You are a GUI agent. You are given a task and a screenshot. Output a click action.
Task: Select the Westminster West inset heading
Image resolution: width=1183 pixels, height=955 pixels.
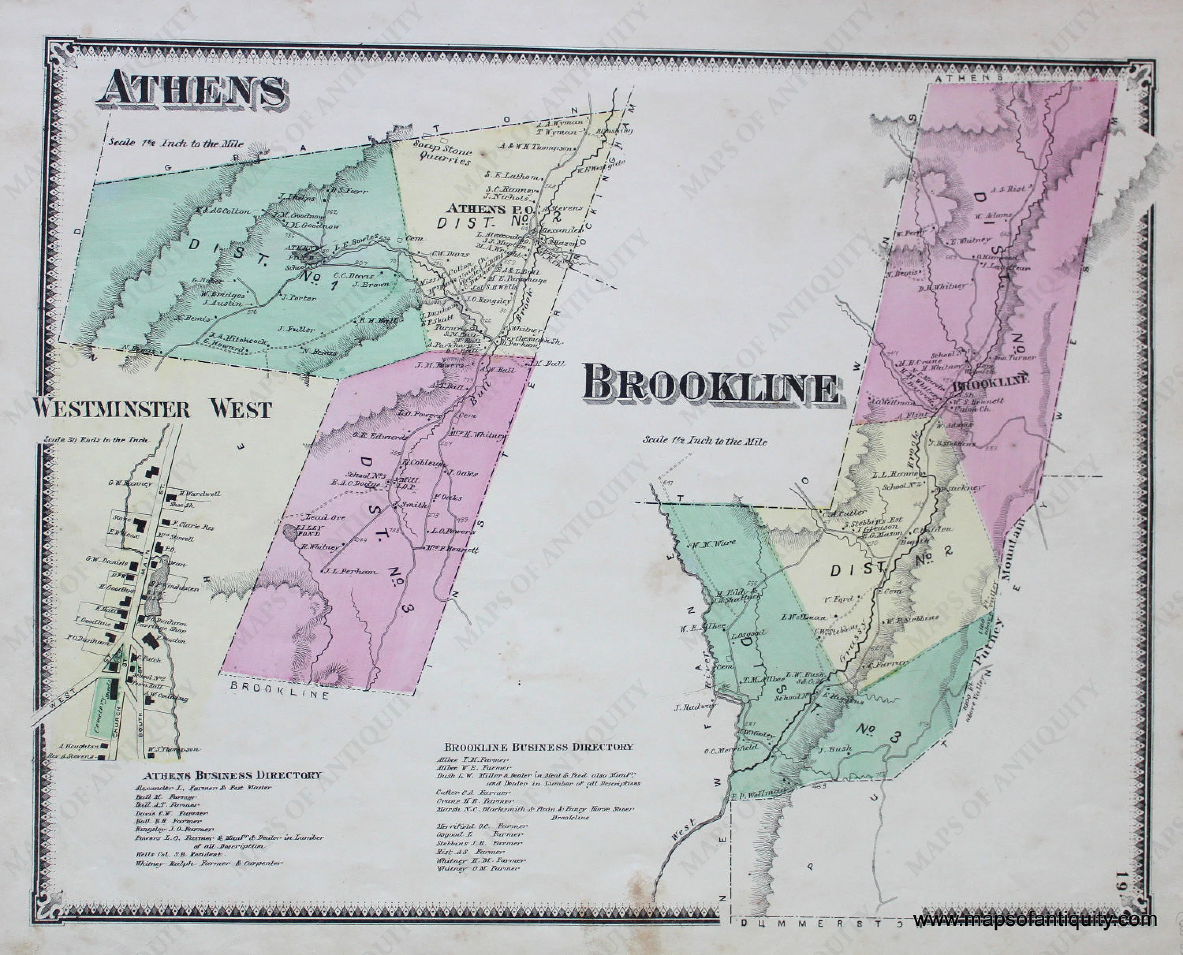coord(152,409)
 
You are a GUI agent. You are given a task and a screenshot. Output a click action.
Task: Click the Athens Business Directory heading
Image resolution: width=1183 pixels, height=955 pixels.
coord(232,775)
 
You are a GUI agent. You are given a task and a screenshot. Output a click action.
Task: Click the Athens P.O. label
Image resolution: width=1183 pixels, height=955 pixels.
coord(476,209)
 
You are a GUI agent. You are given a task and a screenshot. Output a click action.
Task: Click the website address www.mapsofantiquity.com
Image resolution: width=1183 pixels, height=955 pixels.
coord(1034,919)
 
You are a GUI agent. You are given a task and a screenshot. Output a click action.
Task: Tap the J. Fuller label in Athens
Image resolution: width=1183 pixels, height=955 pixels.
coord(297,330)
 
